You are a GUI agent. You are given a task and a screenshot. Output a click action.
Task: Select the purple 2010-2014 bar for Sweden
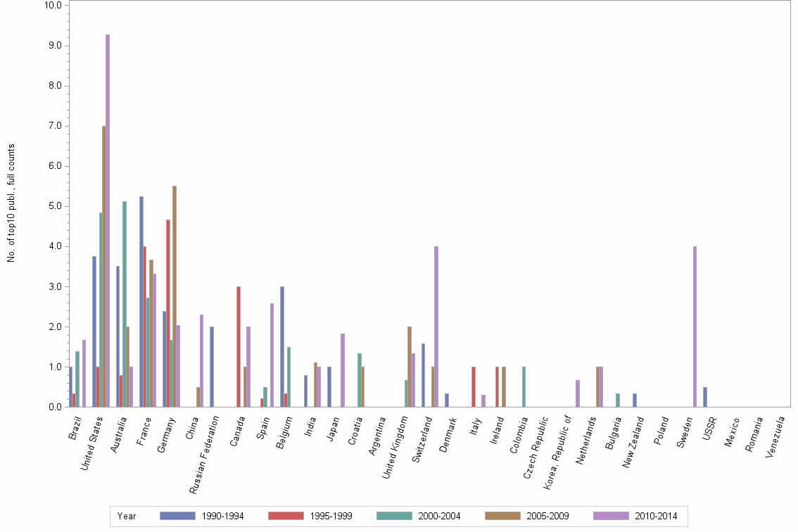[695, 327]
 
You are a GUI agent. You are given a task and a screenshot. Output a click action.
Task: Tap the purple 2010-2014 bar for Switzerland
[436, 327]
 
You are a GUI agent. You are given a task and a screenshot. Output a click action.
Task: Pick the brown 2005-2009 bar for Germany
[175, 296]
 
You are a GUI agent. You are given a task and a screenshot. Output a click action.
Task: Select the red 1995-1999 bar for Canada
[239, 346]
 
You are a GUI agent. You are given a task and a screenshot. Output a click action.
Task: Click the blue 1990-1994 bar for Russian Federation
[212, 367]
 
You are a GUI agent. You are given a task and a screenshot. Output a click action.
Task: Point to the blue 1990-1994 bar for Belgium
[282, 346]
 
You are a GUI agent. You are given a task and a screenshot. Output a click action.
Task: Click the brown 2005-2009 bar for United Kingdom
[410, 367]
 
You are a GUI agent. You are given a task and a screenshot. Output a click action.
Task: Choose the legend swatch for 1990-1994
[177, 516]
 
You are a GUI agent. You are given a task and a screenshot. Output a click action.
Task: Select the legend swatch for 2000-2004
[394, 516]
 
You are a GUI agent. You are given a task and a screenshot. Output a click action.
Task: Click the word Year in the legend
[127, 517]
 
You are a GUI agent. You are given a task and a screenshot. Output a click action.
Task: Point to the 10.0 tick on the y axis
[53, 5]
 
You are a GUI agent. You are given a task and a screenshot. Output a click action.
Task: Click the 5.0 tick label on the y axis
[55, 206]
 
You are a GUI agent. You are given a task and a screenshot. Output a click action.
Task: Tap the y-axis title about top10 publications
[11, 203]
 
